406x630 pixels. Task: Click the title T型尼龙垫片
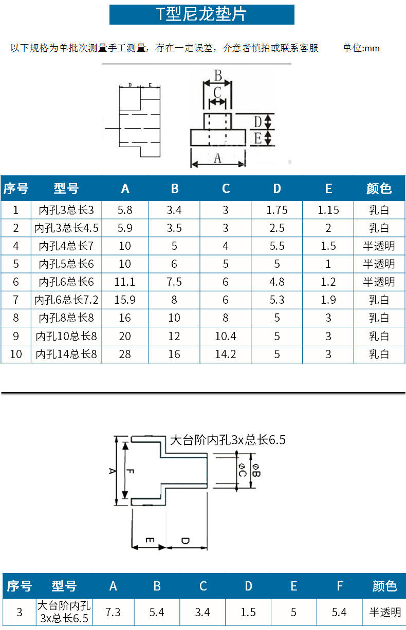click(201, 14)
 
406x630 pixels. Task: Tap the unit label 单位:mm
click(361, 48)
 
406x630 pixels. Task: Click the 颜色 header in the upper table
click(379, 189)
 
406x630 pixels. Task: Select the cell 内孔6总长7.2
click(66, 300)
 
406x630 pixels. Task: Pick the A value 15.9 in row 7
click(125, 300)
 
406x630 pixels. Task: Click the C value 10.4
click(226, 336)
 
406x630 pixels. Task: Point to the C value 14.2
click(226, 354)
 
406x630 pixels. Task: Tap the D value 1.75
click(277, 210)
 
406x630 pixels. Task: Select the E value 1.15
click(328, 210)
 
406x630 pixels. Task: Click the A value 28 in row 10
click(125, 354)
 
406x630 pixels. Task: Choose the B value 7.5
click(174, 282)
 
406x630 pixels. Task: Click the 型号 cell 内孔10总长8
click(66, 336)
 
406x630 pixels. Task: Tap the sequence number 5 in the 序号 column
click(16, 264)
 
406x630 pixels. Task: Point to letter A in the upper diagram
click(217, 159)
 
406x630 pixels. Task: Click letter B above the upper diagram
click(218, 76)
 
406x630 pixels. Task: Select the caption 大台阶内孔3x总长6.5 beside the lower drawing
click(227, 440)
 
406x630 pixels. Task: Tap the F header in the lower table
click(339, 586)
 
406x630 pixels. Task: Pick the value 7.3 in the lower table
click(113, 612)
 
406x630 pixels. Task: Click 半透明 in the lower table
click(384, 612)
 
